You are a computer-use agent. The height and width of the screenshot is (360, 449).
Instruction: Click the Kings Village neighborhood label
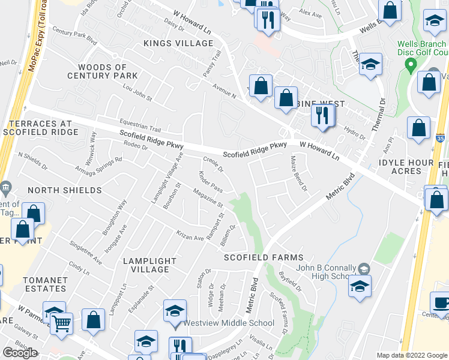(x=178, y=44)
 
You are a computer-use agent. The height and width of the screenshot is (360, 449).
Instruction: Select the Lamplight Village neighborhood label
(x=150, y=265)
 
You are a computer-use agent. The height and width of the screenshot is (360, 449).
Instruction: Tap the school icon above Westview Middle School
(x=175, y=310)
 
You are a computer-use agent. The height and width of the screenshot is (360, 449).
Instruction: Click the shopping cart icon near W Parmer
(x=61, y=324)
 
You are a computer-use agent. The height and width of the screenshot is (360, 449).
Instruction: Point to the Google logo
(x=20, y=353)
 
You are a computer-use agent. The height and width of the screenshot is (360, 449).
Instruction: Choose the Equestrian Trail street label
(x=140, y=123)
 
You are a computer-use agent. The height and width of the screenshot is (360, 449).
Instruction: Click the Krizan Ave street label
(x=190, y=235)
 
